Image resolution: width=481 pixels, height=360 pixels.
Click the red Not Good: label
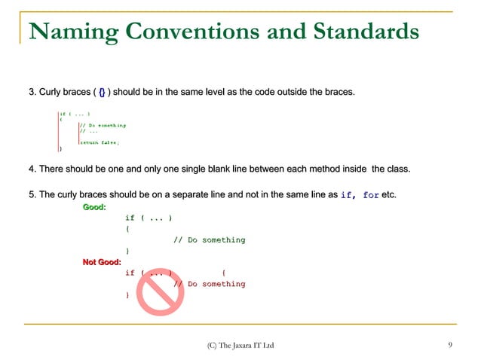(102, 261)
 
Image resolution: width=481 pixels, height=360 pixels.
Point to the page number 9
(450, 346)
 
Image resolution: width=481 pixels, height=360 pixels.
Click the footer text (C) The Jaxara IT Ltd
(240, 346)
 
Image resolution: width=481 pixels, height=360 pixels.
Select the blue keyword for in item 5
(371, 195)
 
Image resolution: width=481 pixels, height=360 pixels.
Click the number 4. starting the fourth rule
(32, 167)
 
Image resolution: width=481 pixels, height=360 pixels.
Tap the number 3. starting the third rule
(32, 92)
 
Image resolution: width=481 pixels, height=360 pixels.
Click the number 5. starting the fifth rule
(32, 195)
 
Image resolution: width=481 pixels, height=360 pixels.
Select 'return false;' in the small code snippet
(100, 142)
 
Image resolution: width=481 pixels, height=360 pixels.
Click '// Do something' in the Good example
(209, 239)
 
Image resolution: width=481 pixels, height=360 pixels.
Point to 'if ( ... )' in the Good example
(149, 218)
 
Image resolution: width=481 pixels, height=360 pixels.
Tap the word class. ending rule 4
(396, 167)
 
